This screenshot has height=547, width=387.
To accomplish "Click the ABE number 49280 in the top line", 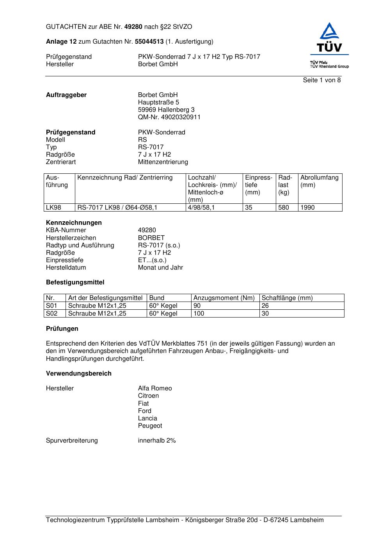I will pyautogui.click(x=133, y=27).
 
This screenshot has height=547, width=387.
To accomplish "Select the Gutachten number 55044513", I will pyautogui.click(x=149, y=42).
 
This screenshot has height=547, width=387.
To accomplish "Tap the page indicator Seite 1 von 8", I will pyautogui.click(x=321, y=80).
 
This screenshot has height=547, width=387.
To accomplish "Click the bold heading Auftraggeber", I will pyautogui.click(x=66, y=95).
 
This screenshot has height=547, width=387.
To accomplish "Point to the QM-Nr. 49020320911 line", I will pyautogui.click(x=169, y=117).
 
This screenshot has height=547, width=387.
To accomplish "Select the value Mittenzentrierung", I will pyautogui.click(x=163, y=162).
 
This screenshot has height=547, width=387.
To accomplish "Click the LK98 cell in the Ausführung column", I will pyautogui.click(x=54, y=208).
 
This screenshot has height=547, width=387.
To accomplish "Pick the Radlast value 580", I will pyautogui.click(x=283, y=208).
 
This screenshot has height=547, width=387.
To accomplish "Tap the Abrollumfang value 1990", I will pyautogui.click(x=307, y=208).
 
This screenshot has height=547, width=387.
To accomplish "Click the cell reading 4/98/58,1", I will pyautogui.click(x=201, y=208).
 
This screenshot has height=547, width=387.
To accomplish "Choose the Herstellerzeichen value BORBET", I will pyautogui.click(x=151, y=238).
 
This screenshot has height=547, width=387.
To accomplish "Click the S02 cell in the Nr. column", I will pyautogui.click(x=51, y=314).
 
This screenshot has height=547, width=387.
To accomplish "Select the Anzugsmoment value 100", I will pyautogui.click(x=199, y=314).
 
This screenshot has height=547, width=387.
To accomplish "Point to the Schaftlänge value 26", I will pyautogui.click(x=265, y=306).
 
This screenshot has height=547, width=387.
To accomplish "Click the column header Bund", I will pyautogui.click(x=157, y=298).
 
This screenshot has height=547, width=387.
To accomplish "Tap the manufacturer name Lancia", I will pyautogui.click(x=147, y=418).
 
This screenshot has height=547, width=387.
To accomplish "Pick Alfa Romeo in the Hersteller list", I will pyautogui.click(x=155, y=388).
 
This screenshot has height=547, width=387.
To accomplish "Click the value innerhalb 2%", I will pyautogui.click(x=157, y=441).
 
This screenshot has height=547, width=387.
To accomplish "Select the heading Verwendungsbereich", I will pyautogui.click(x=79, y=374).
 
